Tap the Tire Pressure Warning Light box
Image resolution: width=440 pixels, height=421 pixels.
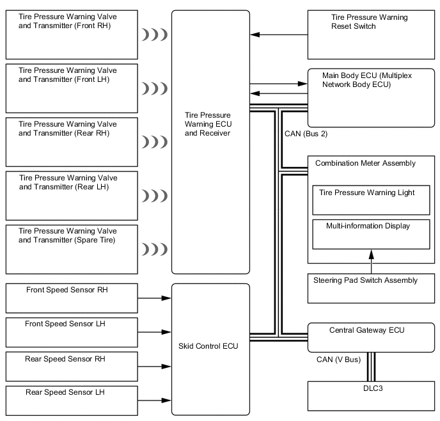tap(370, 200)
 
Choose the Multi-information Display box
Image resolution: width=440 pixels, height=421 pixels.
tap(370, 234)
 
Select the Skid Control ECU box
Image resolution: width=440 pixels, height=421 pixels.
tap(210, 349)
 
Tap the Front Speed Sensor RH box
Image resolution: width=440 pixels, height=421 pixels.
tap(71, 298)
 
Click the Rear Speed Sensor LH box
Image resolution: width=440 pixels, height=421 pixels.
tap(71, 401)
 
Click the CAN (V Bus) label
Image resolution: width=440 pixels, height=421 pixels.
tap(339, 360)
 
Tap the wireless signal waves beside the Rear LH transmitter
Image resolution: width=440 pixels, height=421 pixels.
tap(154, 195)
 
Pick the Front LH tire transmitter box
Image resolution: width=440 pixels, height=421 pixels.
tap(71, 88)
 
